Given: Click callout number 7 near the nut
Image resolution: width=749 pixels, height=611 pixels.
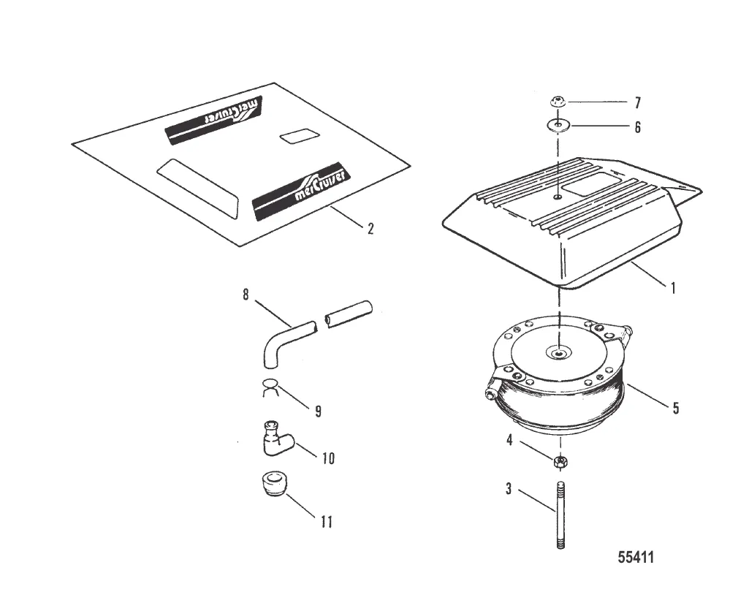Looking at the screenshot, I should coord(637,103).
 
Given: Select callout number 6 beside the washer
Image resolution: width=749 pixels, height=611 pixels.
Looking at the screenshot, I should coord(637,127).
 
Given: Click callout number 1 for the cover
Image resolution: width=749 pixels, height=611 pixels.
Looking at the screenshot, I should coord(672,288).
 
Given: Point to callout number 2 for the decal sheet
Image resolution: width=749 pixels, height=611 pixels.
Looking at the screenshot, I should coord(370,229).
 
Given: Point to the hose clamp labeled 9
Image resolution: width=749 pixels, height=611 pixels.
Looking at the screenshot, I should coord(271,387).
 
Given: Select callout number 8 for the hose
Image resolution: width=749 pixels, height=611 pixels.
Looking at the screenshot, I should coord(246,295).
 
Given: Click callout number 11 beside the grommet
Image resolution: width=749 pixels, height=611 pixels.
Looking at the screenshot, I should coord(325,522).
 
